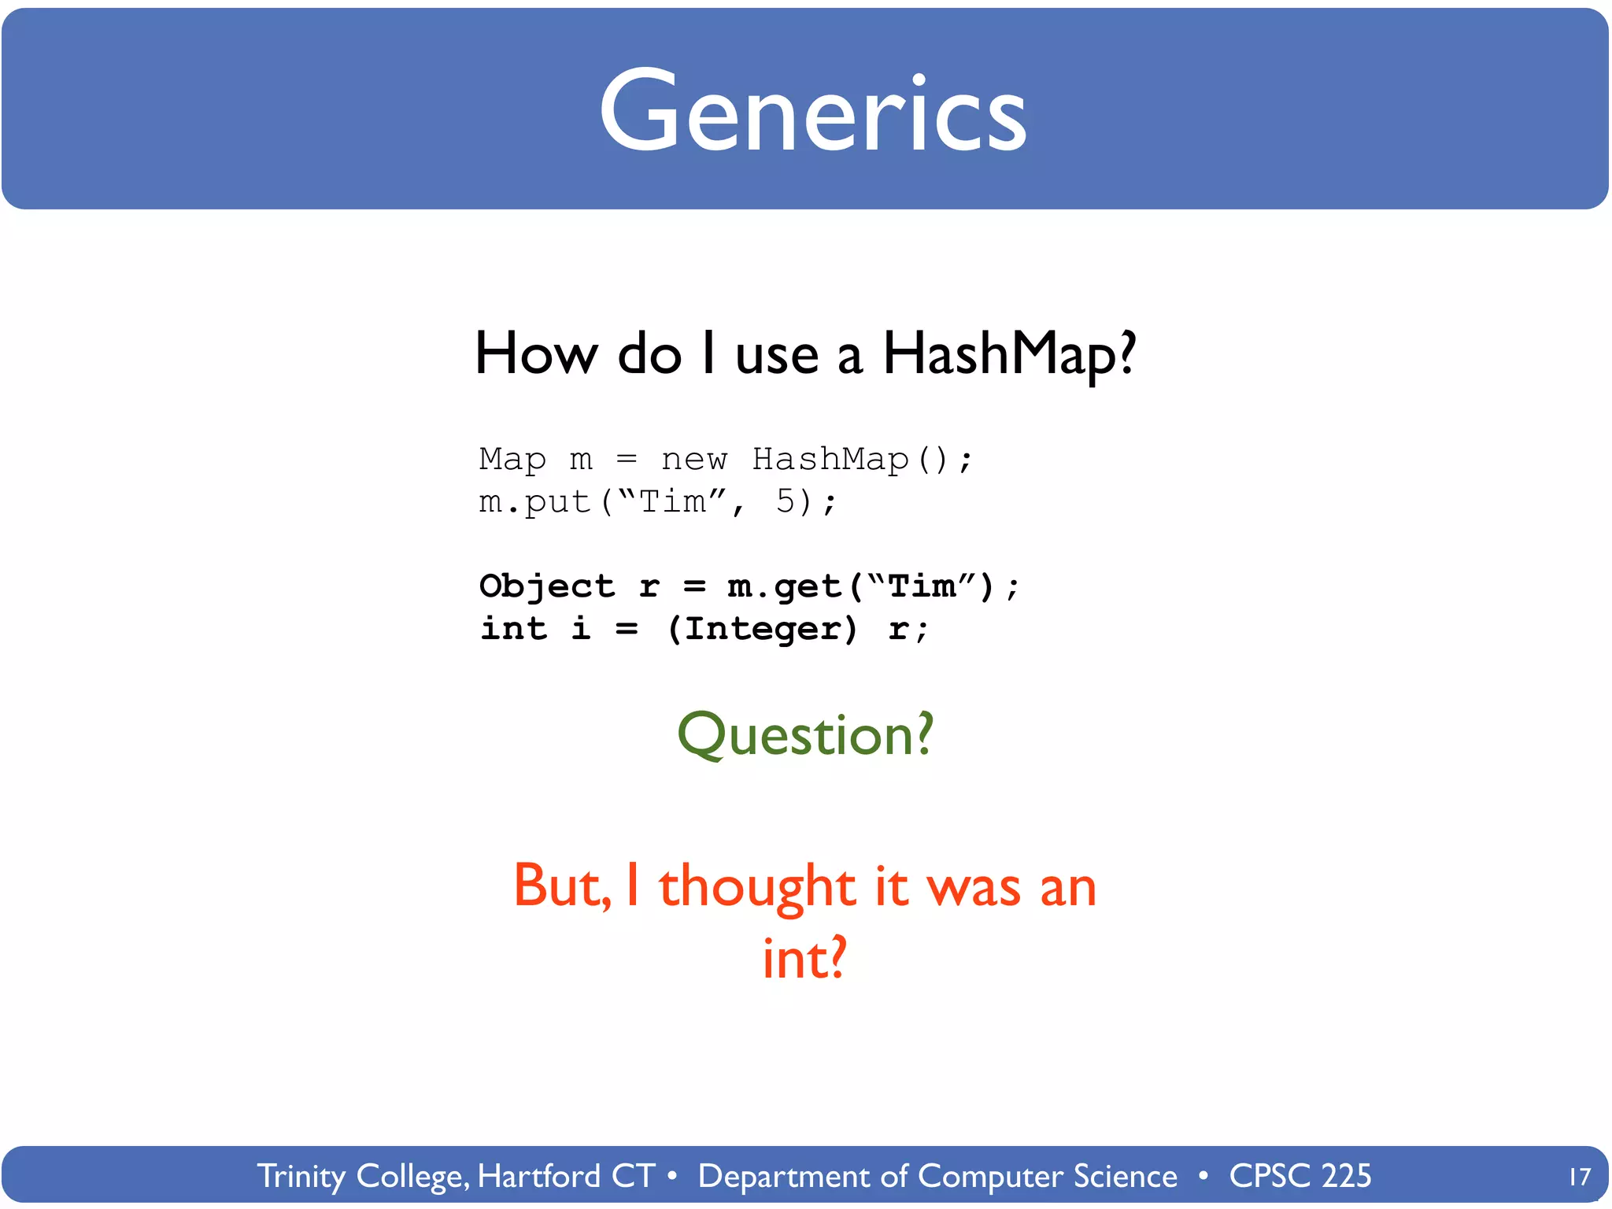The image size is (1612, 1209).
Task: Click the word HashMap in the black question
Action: [x=1009, y=354]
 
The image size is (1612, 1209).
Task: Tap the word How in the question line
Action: [x=537, y=354]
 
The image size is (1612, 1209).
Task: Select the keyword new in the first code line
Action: [x=694, y=459]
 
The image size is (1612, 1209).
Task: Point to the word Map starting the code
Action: [x=512, y=459]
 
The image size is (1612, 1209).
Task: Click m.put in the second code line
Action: [x=535, y=502]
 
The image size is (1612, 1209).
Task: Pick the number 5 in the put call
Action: [x=786, y=501]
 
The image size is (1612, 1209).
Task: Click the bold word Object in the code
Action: [x=546, y=587]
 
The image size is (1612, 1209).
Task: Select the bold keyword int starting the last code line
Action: [x=513, y=629]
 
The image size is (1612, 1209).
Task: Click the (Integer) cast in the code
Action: [x=762, y=629]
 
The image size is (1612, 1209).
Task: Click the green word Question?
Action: [x=805, y=734]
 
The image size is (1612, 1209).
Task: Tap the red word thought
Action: [x=756, y=887]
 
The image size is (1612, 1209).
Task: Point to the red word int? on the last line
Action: [x=804, y=959]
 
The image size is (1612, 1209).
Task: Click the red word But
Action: [x=561, y=887]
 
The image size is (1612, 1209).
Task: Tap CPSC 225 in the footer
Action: [x=1300, y=1176]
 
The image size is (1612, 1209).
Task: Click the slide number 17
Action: [x=1579, y=1178]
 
